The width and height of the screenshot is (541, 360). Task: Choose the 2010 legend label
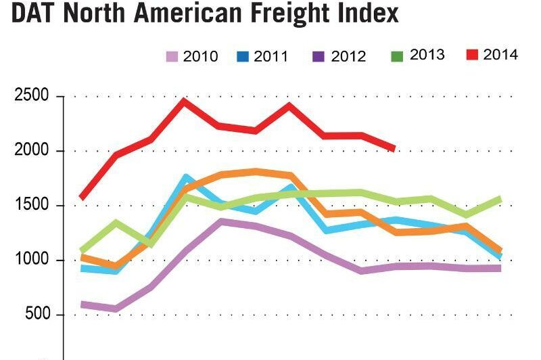pos(200,57)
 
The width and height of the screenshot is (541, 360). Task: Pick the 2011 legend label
pos(271,57)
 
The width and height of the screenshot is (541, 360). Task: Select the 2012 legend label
pos(348,57)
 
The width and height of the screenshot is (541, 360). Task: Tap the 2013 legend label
pos(427,55)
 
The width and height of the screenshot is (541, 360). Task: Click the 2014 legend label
pos(501,55)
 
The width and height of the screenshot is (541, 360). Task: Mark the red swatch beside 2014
pos(472,54)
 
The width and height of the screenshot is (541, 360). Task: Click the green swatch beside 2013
pos(398,55)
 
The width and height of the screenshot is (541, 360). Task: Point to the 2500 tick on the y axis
pos(31,96)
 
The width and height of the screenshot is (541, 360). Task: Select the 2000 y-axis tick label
pos(31,151)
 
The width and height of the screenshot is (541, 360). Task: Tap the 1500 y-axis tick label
pos(31,206)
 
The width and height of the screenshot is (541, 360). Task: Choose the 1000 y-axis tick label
pos(31,261)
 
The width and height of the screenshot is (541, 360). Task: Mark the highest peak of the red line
pos(183,101)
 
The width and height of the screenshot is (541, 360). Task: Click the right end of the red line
pos(394,148)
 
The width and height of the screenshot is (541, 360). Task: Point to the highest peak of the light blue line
pos(186,177)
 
